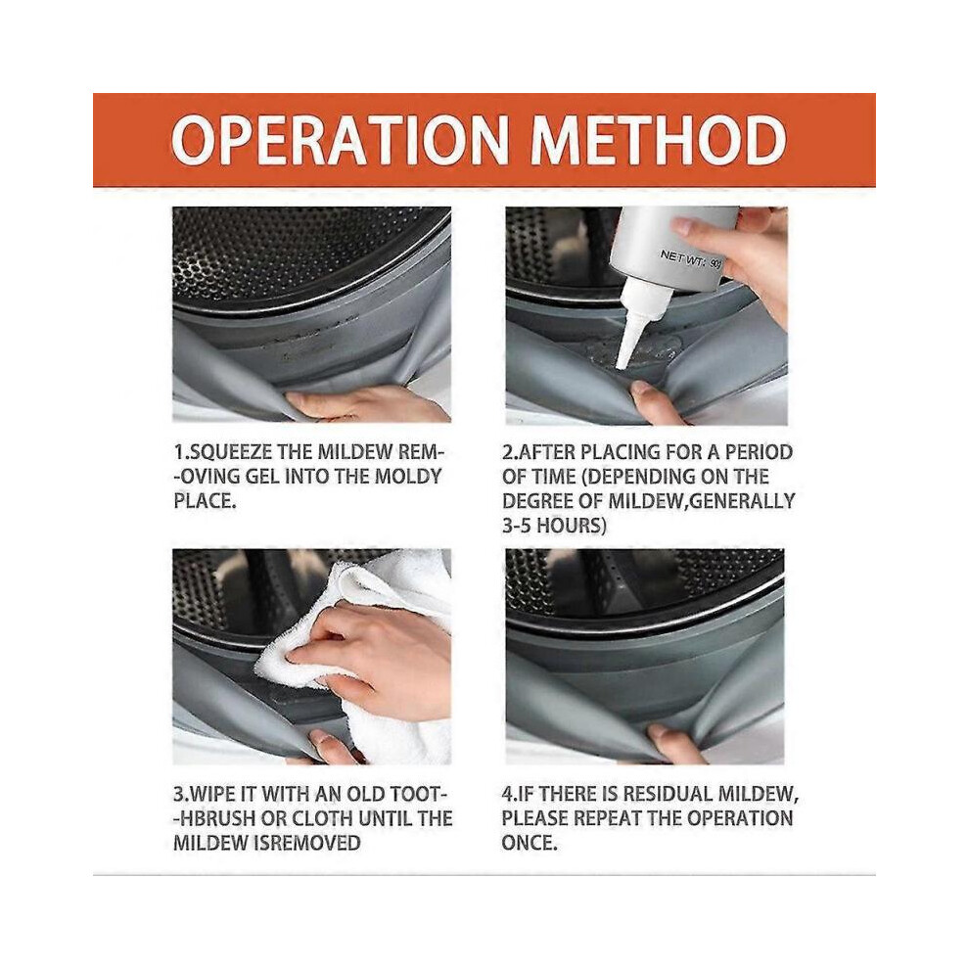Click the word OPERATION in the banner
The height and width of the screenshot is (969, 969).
click(x=340, y=140)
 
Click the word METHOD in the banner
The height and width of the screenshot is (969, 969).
click(x=659, y=140)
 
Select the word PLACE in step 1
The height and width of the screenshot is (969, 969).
click(x=202, y=500)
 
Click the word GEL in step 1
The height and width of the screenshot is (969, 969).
click(x=262, y=477)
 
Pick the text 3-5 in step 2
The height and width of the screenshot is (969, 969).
click(x=517, y=526)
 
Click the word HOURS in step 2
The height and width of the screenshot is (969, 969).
click(x=569, y=526)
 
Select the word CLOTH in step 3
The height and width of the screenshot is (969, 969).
click(x=322, y=818)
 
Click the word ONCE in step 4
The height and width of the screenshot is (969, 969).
click(x=529, y=843)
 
